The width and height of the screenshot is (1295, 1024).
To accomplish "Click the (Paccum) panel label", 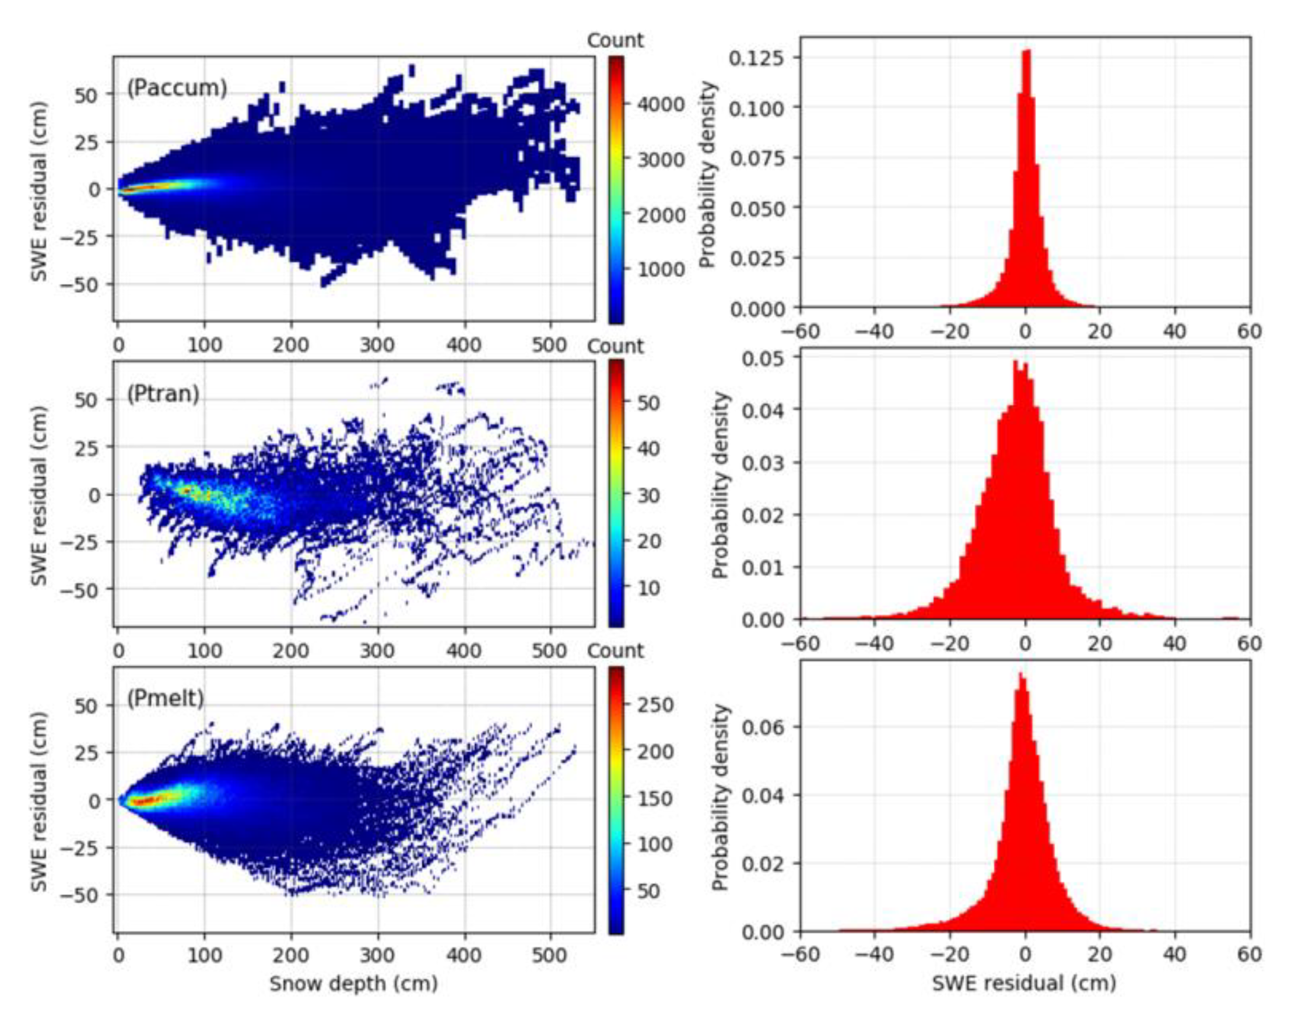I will pyautogui.click(x=177, y=88).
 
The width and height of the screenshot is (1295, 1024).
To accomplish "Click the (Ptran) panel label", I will pyautogui.click(x=163, y=394).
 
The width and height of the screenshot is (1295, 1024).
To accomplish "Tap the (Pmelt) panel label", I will pyautogui.click(x=166, y=698).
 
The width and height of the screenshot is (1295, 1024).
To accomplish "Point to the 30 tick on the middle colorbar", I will pyautogui.click(x=648, y=495).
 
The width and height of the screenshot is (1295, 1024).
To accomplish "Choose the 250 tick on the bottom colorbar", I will pyautogui.click(x=654, y=705).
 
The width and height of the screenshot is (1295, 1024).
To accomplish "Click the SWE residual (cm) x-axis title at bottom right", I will pyautogui.click(x=1024, y=983).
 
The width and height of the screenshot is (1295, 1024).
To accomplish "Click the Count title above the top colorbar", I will pyautogui.click(x=615, y=41).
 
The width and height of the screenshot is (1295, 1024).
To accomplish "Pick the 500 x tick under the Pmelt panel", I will pyautogui.click(x=550, y=956).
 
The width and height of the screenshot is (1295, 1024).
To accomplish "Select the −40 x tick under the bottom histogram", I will pyautogui.click(x=875, y=955).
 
